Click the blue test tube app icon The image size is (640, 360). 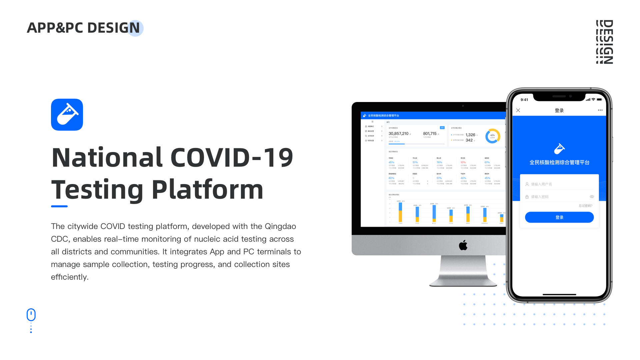[x=67, y=115]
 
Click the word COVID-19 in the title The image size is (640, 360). [x=232, y=158]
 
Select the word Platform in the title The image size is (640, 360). [x=207, y=190]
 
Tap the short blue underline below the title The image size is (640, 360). [x=59, y=206]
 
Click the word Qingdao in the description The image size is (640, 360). [x=280, y=226]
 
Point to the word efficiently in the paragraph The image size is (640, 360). [x=69, y=277]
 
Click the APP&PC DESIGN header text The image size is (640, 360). [x=83, y=28]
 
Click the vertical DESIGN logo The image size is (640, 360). [x=604, y=42]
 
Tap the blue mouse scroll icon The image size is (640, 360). [x=31, y=315]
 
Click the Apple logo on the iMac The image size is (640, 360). [x=463, y=245]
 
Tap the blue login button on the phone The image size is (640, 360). [x=559, y=217]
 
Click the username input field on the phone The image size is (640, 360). [x=559, y=184]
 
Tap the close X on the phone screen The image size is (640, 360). [x=518, y=110]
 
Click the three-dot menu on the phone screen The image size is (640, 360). [x=600, y=110]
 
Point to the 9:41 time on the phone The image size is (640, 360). [x=524, y=100]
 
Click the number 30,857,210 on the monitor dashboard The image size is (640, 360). [x=398, y=134]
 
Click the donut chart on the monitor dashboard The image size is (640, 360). [x=492, y=136]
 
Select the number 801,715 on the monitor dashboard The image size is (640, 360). [x=430, y=134]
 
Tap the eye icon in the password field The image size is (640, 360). [x=592, y=197]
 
